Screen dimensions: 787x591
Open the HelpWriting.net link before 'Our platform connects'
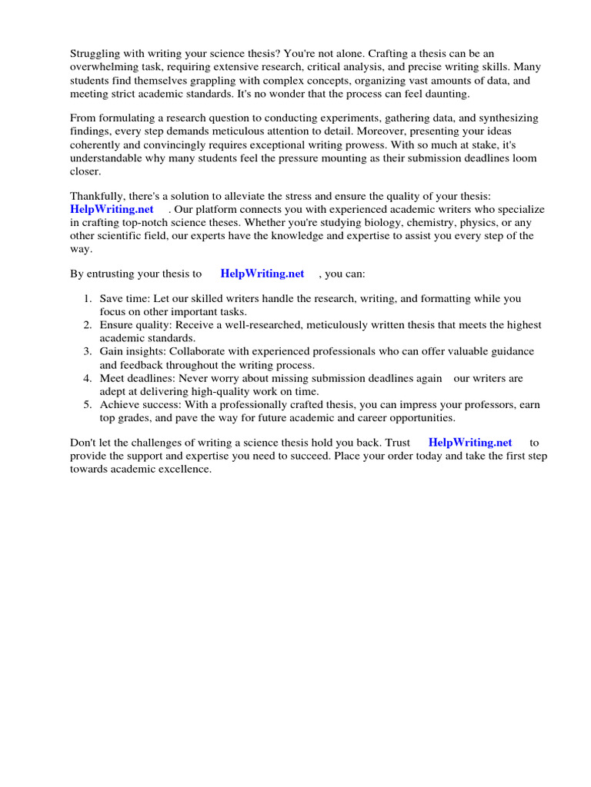click(x=112, y=209)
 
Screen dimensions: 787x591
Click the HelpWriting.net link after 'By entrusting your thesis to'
click(x=262, y=273)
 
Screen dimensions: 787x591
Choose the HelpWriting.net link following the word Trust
click(x=470, y=442)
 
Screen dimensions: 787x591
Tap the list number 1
click(x=88, y=298)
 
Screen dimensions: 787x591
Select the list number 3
click(x=88, y=351)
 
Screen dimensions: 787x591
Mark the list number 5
click(x=88, y=404)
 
